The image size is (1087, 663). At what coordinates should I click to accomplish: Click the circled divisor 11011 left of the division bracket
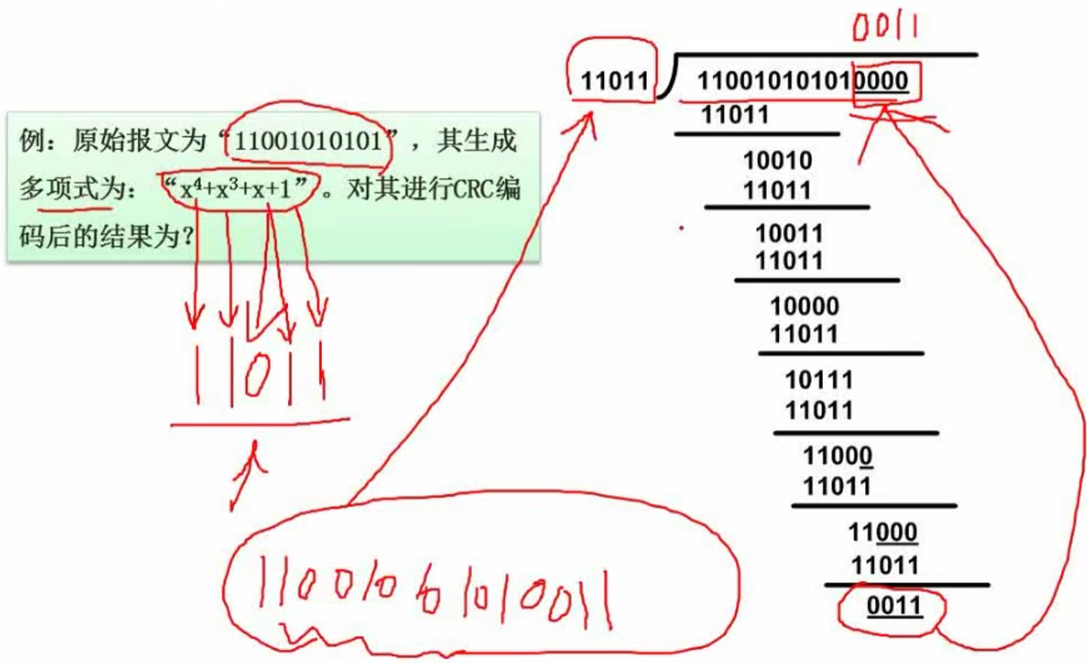point(614,83)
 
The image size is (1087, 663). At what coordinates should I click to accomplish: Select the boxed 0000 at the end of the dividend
point(884,83)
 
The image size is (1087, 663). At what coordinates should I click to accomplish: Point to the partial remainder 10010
point(777,161)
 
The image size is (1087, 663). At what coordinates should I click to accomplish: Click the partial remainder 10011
point(790,234)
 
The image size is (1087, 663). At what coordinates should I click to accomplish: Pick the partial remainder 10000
point(804,307)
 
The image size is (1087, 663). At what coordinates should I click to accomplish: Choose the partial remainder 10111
point(819,380)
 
